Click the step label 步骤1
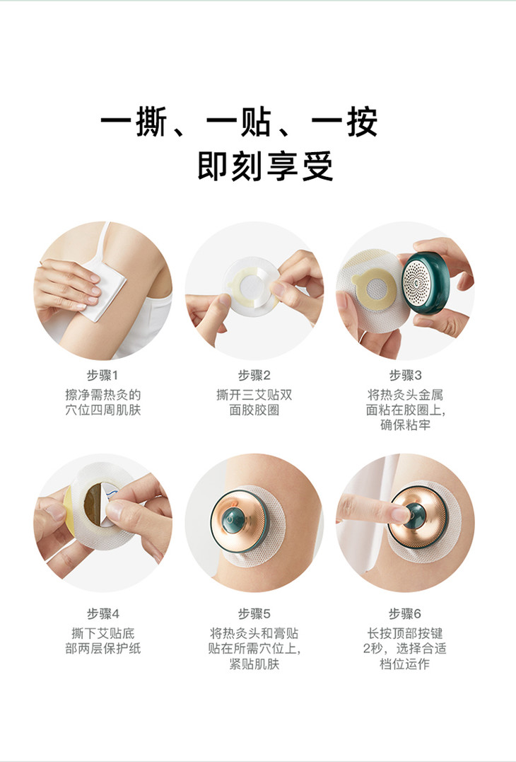click(102, 376)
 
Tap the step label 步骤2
click(254, 376)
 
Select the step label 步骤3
click(405, 376)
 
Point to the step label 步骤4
click(102, 614)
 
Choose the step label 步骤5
click(254, 614)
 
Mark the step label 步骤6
click(405, 614)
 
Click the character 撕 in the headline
click(151, 121)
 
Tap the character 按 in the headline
click(362, 121)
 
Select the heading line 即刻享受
click(265, 166)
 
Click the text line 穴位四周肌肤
click(102, 410)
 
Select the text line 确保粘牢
click(405, 425)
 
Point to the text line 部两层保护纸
click(102, 649)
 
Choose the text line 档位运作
click(405, 664)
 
